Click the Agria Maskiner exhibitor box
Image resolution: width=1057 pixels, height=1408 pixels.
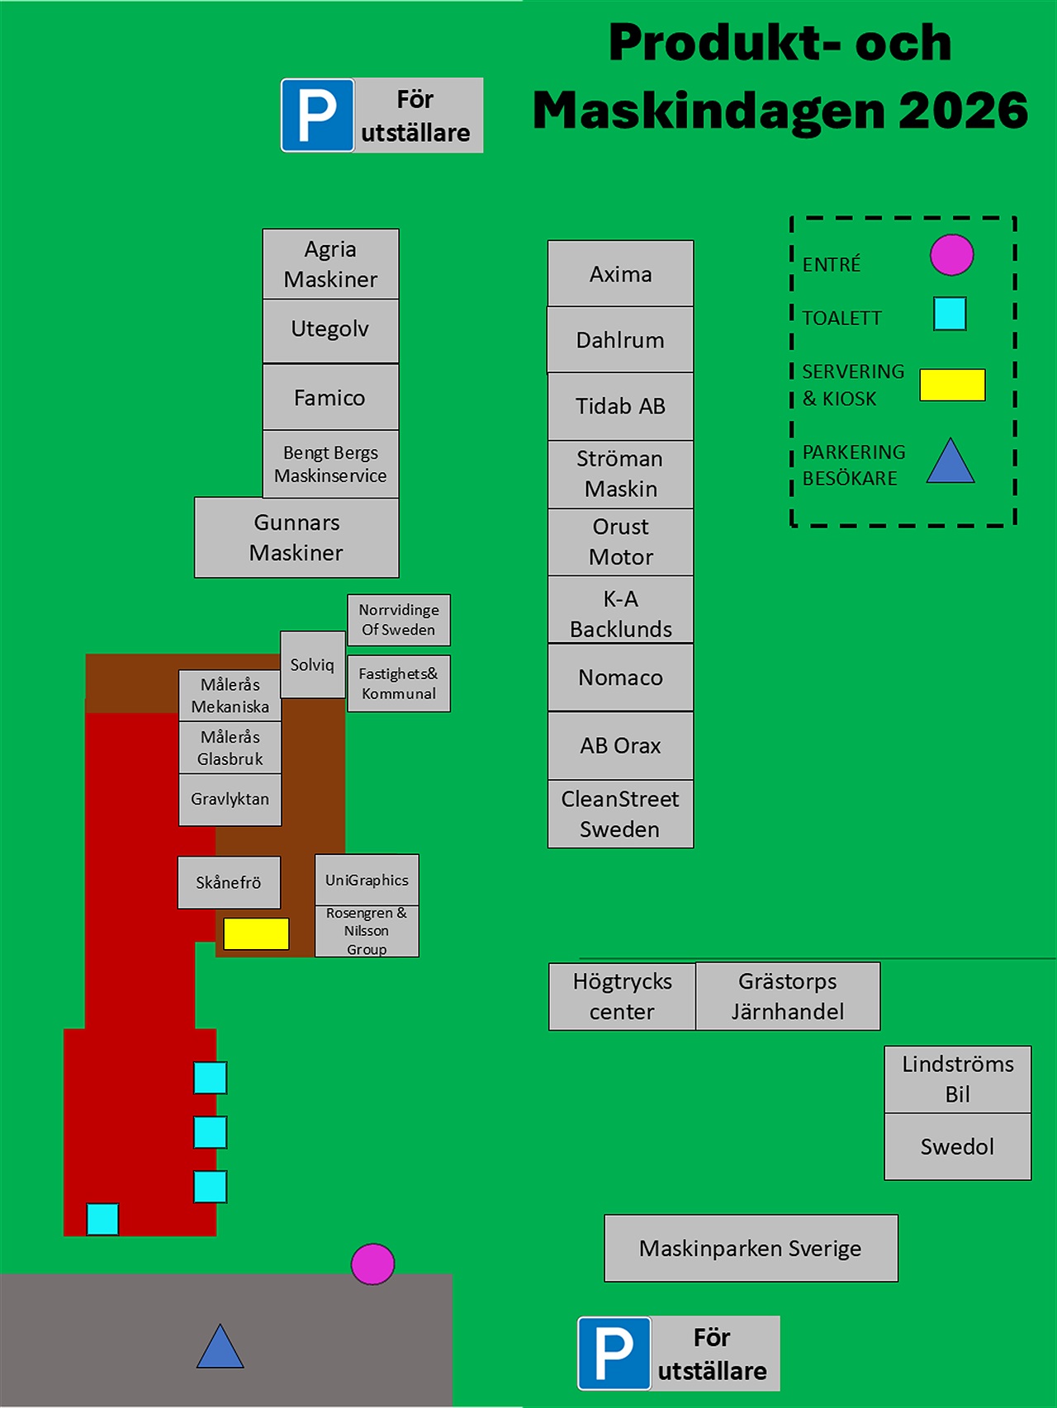[x=330, y=264]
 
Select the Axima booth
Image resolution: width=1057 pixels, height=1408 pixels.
[x=620, y=273]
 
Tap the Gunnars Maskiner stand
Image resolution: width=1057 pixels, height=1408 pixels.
[x=296, y=537]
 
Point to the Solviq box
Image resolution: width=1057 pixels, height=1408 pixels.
[x=313, y=664]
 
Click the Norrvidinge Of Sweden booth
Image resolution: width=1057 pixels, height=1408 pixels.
[x=399, y=620]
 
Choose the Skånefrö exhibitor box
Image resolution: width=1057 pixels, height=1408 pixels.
[x=229, y=882]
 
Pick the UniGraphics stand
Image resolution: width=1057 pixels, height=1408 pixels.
[x=367, y=880]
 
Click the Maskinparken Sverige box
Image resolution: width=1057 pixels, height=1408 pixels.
[x=751, y=1248]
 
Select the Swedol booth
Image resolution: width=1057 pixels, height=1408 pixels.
[x=958, y=1146]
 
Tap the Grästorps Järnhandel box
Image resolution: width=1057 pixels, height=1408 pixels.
[x=788, y=996]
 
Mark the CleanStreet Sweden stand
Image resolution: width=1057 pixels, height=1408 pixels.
[x=620, y=814]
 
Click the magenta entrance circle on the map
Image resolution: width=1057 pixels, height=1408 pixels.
[x=372, y=1264]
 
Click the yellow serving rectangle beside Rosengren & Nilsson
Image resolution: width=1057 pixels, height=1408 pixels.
[x=256, y=933]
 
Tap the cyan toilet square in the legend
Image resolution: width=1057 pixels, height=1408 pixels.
[x=950, y=314]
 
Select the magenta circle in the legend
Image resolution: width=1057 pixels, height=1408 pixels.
[x=951, y=254]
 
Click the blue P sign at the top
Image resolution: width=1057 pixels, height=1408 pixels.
[x=318, y=116]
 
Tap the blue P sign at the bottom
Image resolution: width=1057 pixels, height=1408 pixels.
[x=614, y=1354]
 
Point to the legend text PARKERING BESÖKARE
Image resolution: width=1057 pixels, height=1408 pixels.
[x=854, y=465]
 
